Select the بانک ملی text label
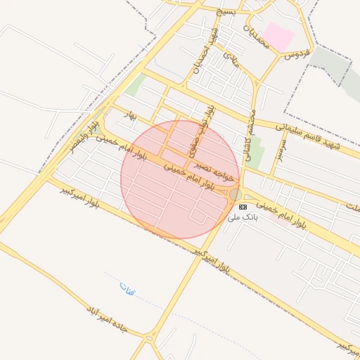(x=243, y=218)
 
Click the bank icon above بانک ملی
(x=243, y=207)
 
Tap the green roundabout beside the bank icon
(x=235, y=195)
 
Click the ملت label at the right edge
(x=352, y=205)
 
